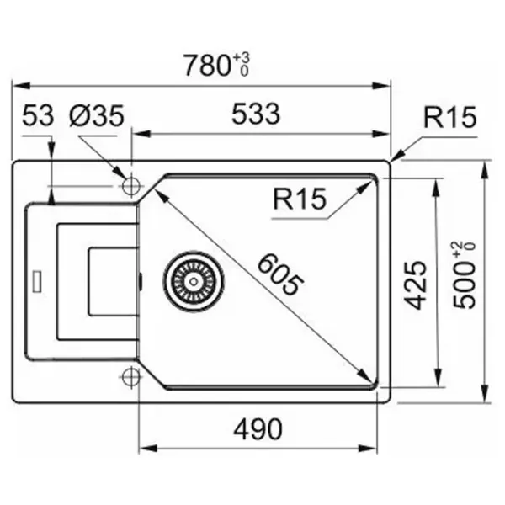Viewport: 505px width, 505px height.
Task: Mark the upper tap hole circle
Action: [x=131, y=186]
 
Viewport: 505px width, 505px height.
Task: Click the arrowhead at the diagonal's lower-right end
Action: [x=369, y=379]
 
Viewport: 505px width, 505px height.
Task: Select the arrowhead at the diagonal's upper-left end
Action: [x=157, y=192]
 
